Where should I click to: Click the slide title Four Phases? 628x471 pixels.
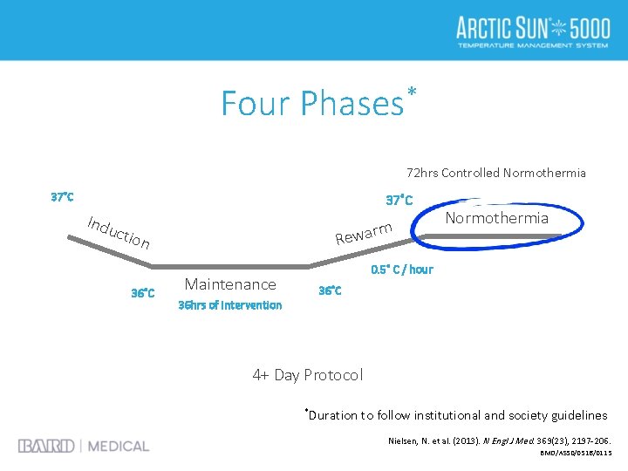310,103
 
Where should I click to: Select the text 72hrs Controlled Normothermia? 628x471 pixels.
496,173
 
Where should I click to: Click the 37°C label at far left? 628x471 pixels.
62,197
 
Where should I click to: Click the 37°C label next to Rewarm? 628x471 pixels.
399,200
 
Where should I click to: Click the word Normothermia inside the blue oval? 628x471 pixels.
496,218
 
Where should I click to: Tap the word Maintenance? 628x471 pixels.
230,283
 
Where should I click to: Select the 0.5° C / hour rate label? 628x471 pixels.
401,269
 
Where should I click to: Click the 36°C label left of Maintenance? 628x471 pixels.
143,293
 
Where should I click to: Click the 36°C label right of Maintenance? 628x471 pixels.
330,290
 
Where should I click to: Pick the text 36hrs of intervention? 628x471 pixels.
229,305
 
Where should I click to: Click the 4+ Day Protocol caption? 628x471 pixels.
307,375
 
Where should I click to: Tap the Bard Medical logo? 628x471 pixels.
84,446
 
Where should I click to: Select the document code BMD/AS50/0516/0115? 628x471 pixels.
576,454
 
